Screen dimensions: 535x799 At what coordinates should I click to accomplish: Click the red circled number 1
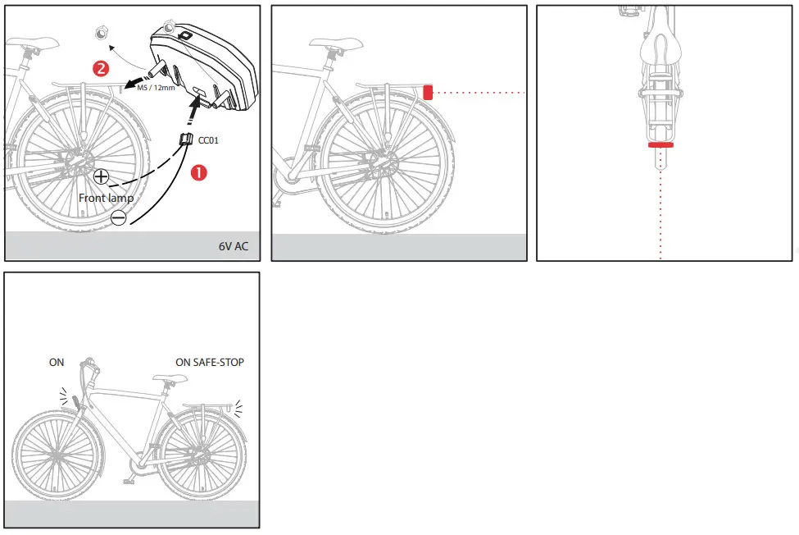pyautogui.click(x=198, y=172)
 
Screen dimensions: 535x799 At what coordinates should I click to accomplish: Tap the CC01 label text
pyautogui.click(x=209, y=140)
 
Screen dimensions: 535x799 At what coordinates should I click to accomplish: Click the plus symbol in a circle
pyautogui.click(x=101, y=176)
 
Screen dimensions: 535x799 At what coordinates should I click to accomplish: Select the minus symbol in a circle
pyautogui.click(x=118, y=217)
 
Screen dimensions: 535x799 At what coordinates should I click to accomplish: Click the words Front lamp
pyautogui.click(x=106, y=198)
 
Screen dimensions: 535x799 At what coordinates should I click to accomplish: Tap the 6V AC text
pyautogui.click(x=233, y=246)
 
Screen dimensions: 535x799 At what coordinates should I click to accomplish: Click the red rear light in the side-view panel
pyautogui.click(x=427, y=92)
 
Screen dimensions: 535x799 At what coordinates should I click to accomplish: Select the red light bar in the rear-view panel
pyautogui.click(x=660, y=145)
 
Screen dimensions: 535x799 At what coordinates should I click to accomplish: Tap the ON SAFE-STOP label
pyautogui.click(x=210, y=362)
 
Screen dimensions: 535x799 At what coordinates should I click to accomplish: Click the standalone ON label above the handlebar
pyautogui.click(x=56, y=362)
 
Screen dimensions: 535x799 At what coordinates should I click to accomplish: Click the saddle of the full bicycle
pyautogui.click(x=167, y=378)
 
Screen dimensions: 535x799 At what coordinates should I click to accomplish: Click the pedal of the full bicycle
pyautogui.click(x=130, y=478)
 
